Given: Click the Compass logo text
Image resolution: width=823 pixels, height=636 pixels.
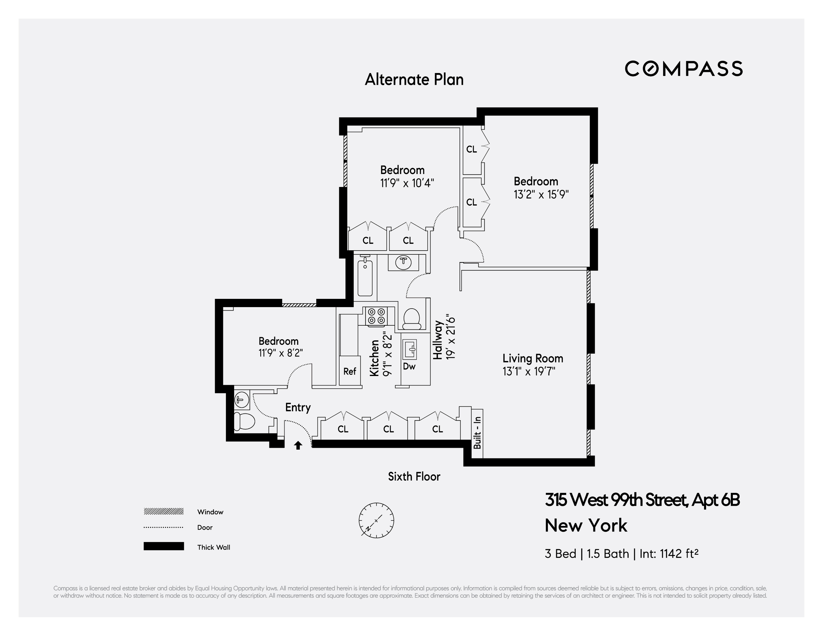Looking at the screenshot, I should point(683,69).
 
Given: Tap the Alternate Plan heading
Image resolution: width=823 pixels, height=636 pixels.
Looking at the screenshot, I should point(414,79).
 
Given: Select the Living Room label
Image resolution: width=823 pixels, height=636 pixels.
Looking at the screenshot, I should point(532,358).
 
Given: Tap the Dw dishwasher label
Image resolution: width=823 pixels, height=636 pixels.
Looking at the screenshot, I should point(409,366).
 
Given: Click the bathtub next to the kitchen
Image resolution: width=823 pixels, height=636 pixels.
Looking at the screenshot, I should point(365,278).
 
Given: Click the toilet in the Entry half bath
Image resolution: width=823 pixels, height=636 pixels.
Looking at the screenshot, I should point(242,421).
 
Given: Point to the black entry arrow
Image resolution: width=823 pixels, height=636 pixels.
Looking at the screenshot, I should point(298,445).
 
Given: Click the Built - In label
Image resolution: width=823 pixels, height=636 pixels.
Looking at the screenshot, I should point(477,433).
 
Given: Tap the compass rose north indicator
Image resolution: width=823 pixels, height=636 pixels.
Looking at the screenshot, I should point(376,520).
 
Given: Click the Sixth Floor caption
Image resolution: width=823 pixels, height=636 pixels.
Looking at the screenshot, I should point(414,477).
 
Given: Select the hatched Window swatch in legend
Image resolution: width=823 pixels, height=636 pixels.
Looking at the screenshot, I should point(163,511).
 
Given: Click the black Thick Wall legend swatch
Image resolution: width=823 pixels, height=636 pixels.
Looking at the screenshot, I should point(163,546).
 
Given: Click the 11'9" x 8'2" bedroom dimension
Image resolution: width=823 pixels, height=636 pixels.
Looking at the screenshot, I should point(280,353).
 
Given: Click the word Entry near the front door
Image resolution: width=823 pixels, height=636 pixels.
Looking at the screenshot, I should point(298,407).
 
